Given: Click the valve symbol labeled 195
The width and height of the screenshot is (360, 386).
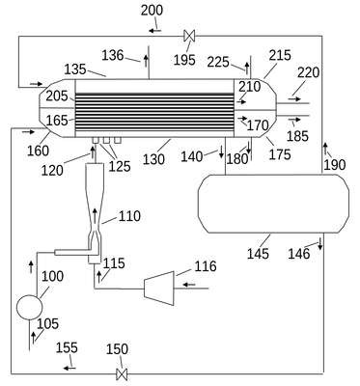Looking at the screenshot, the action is pyautogui.click(x=189, y=36).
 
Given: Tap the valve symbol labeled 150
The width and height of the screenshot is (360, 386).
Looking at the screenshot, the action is pyautogui.click(x=122, y=374).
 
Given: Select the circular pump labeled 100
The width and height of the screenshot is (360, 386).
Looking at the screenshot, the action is pyautogui.click(x=29, y=307).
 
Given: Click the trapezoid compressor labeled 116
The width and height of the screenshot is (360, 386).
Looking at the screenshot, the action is pyautogui.click(x=159, y=289).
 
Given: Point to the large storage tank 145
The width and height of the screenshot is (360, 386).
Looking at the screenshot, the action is pyautogui.click(x=273, y=204).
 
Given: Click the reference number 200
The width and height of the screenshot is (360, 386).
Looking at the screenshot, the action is pyautogui.click(x=152, y=11).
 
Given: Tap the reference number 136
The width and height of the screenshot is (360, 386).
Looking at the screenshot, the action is pyautogui.click(x=113, y=55).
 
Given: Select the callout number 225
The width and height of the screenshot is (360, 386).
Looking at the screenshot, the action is pyautogui.click(x=218, y=62).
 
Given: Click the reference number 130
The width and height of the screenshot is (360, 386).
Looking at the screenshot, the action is pyautogui.click(x=153, y=159).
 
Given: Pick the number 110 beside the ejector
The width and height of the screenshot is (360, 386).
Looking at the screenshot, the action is pyautogui.click(x=129, y=216).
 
